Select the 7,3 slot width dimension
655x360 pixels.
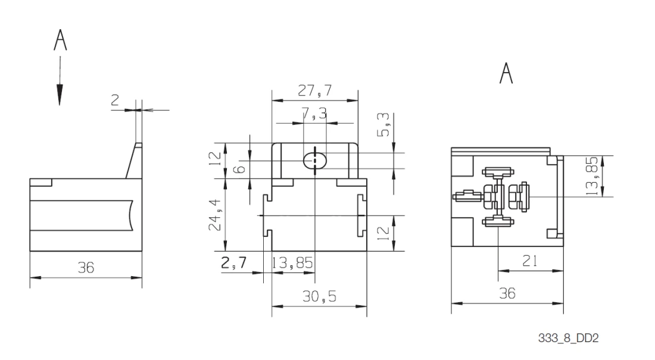pyautogui.click(x=314, y=114)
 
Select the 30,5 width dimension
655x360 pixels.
pyautogui.click(x=319, y=296)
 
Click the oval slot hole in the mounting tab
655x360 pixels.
pyautogui.click(x=314, y=160)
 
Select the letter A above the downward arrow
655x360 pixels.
pyautogui.click(x=60, y=42)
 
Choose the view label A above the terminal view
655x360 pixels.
pyautogui.click(x=506, y=75)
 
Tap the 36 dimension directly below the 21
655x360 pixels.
pyautogui.click(x=507, y=293)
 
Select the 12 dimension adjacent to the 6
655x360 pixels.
pyautogui.click(x=218, y=159)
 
